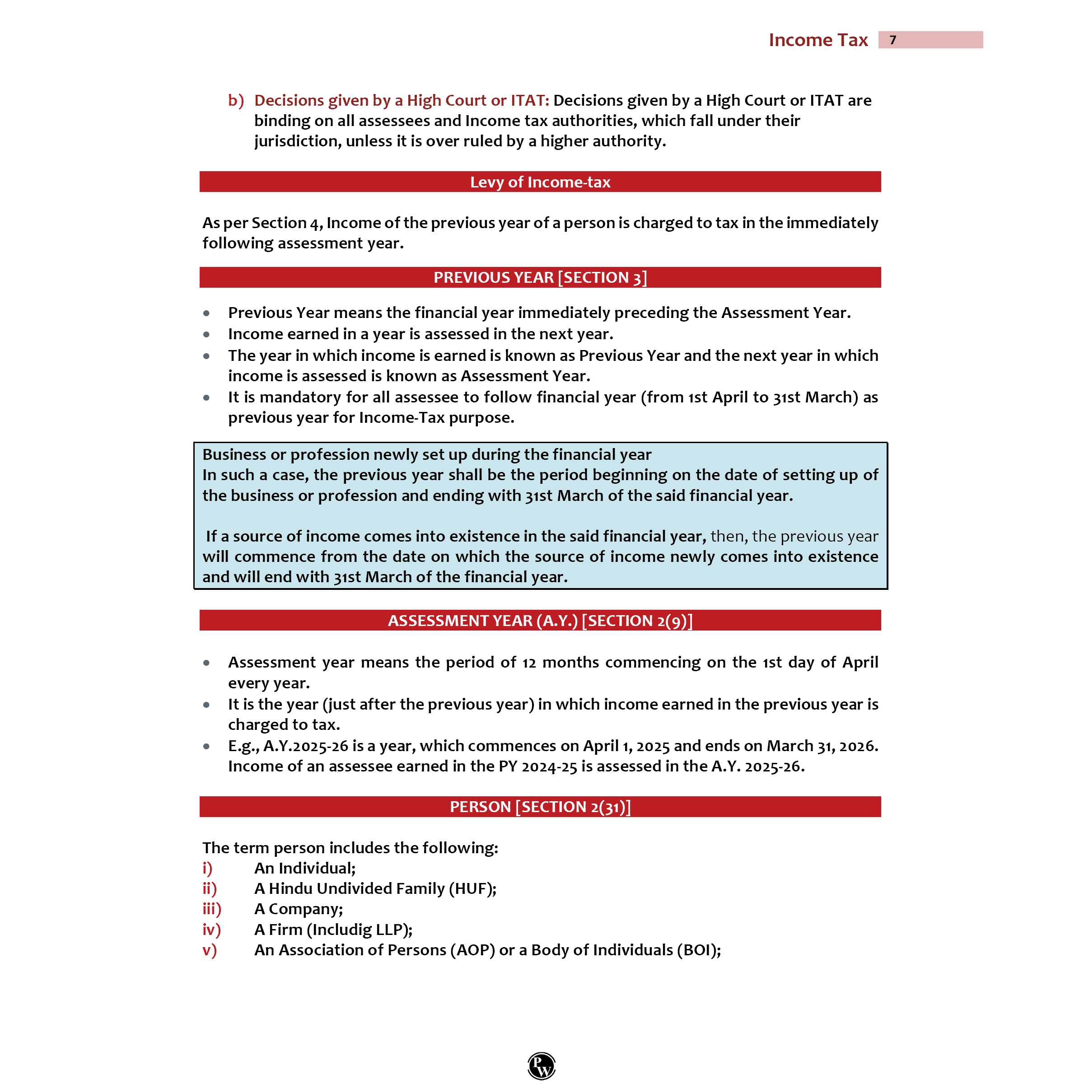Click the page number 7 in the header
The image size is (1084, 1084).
click(892, 40)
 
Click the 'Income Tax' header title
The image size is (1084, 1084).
click(818, 40)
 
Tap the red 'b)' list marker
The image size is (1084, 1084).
click(236, 100)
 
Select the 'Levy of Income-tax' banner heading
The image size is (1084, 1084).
click(540, 182)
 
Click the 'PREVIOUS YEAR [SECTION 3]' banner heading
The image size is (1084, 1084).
click(540, 277)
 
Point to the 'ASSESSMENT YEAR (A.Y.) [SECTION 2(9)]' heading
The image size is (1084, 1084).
click(540, 621)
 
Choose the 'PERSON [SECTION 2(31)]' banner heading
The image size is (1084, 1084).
click(540, 806)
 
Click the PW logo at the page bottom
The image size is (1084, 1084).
click(542, 1065)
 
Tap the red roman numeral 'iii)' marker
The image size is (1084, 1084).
click(211, 909)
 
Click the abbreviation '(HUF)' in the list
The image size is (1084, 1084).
click(472, 889)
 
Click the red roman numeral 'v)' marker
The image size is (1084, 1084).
click(209, 950)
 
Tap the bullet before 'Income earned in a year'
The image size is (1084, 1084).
click(206, 334)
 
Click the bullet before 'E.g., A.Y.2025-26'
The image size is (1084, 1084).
click(206, 746)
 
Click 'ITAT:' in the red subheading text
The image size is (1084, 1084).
click(530, 100)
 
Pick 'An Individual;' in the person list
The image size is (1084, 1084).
click(305, 868)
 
